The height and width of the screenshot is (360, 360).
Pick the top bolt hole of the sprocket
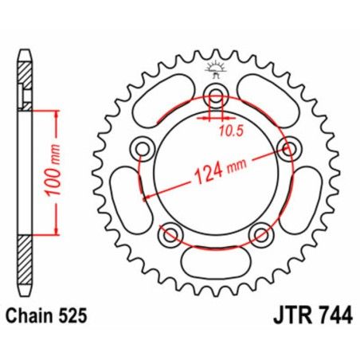tap(214, 97)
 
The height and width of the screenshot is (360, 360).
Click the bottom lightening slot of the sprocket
tap(214, 262)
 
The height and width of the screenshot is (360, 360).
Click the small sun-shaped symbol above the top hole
tap(213, 68)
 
